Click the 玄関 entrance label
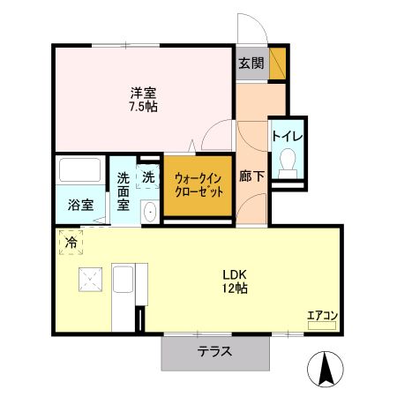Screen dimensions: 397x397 click(x=251, y=63)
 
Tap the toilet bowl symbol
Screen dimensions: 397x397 click(x=287, y=161)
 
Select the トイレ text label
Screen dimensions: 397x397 click(x=287, y=137)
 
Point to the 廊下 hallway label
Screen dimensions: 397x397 click(x=252, y=176)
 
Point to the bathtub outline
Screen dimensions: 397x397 click(x=80, y=170)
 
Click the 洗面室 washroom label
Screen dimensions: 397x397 click(x=124, y=190)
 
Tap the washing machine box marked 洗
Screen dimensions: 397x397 click(x=148, y=176)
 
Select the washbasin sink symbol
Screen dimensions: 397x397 click(x=148, y=212)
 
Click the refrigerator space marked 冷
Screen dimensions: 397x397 click(x=70, y=241)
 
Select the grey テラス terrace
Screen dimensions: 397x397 click(x=214, y=352)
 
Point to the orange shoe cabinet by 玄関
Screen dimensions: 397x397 click(x=277, y=62)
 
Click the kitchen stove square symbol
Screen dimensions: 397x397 click(x=89, y=280)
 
